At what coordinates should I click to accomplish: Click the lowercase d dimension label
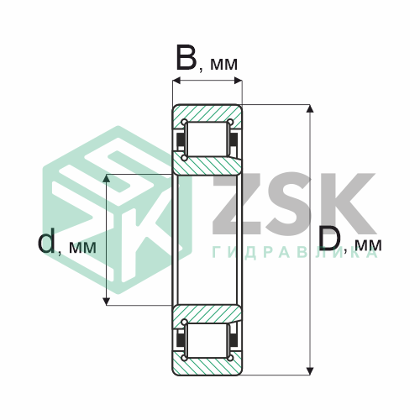46,240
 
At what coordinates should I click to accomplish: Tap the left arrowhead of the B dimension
176,81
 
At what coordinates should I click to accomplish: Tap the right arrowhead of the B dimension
238,81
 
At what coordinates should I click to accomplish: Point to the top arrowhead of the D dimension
310,108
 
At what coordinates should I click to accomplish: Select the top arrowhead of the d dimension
107,178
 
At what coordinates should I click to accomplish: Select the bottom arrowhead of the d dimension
107,301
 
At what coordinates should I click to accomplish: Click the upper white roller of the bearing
207,139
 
